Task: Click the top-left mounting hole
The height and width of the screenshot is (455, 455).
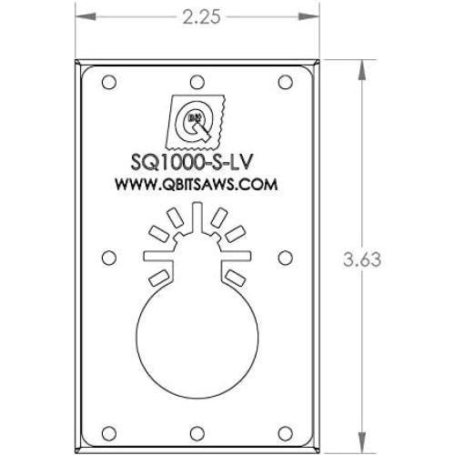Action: click(x=109, y=83)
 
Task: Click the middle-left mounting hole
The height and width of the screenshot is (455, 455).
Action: click(x=109, y=256)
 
